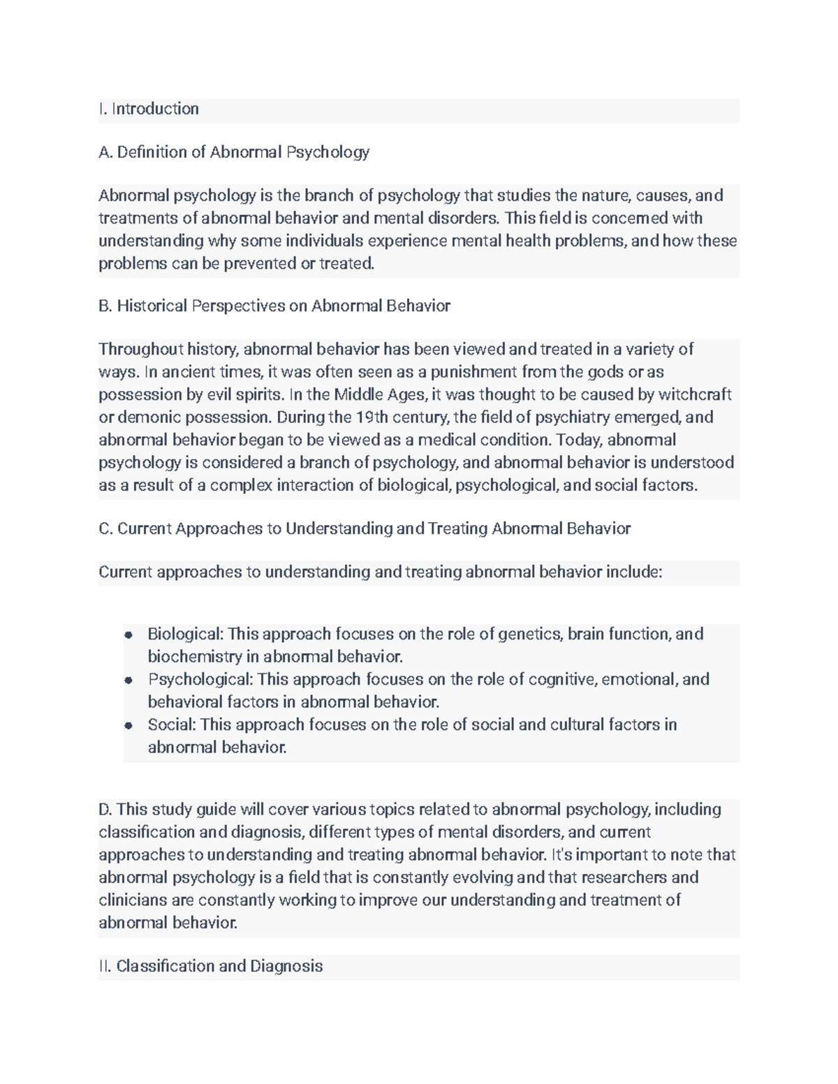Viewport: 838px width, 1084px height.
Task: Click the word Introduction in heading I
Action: click(x=155, y=109)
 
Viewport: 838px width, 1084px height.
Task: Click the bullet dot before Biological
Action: click(x=128, y=634)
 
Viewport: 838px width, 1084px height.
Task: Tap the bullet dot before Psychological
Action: click(x=128, y=680)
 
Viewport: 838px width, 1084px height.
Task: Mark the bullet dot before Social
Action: click(x=128, y=725)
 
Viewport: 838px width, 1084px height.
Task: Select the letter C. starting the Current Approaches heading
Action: click(x=105, y=529)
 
